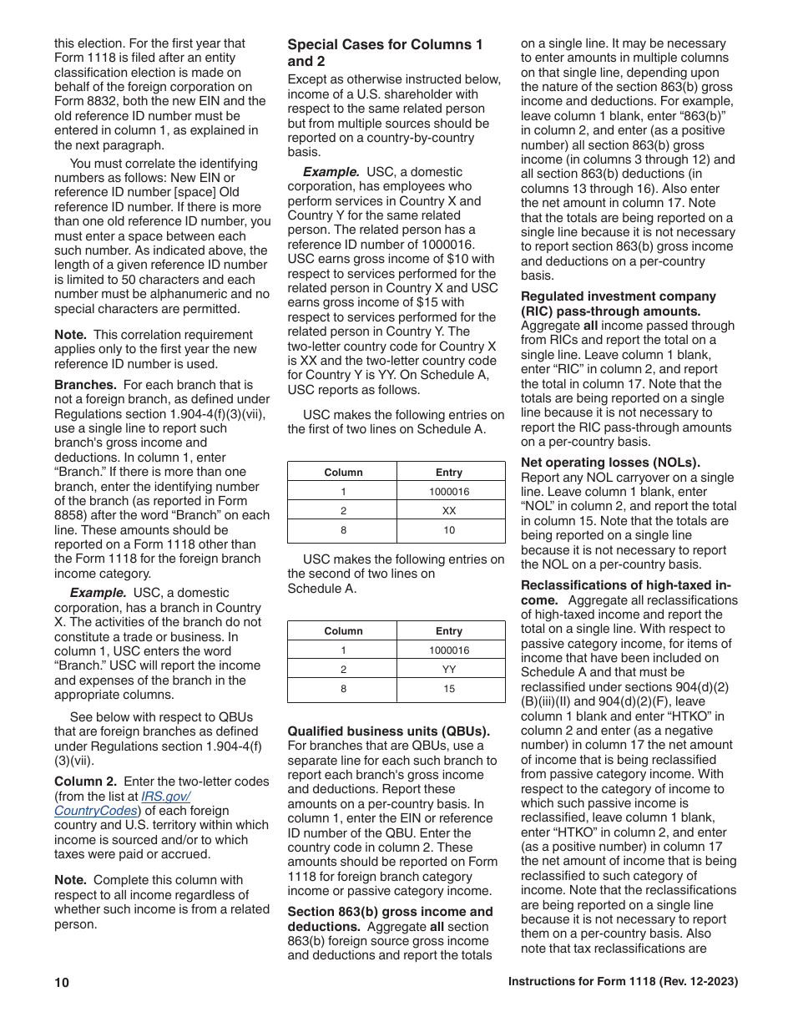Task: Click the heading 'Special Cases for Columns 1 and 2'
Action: point(385,53)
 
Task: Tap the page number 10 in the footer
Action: point(62,983)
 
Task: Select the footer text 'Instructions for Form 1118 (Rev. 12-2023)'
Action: point(623,982)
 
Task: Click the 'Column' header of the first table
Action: point(343,473)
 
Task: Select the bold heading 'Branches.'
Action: point(85,385)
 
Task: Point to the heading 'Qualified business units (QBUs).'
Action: point(388,731)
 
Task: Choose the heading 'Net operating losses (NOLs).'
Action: point(610,463)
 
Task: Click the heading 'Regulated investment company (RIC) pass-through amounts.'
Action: point(618,304)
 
